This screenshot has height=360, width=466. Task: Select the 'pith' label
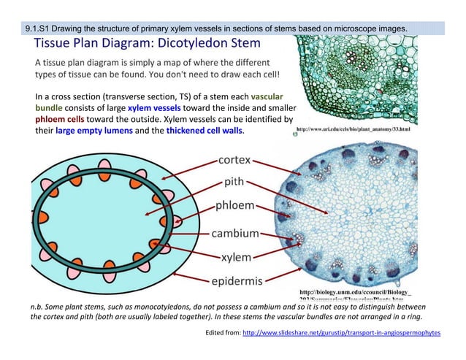click(x=234, y=182)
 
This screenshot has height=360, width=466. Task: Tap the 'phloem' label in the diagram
click(x=235, y=207)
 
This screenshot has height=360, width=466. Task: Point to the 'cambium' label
click(x=235, y=234)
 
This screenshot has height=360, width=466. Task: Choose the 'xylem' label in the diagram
click(x=236, y=257)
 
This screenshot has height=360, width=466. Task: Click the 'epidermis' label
click(x=237, y=281)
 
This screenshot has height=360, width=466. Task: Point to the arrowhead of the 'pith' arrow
click(x=147, y=214)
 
